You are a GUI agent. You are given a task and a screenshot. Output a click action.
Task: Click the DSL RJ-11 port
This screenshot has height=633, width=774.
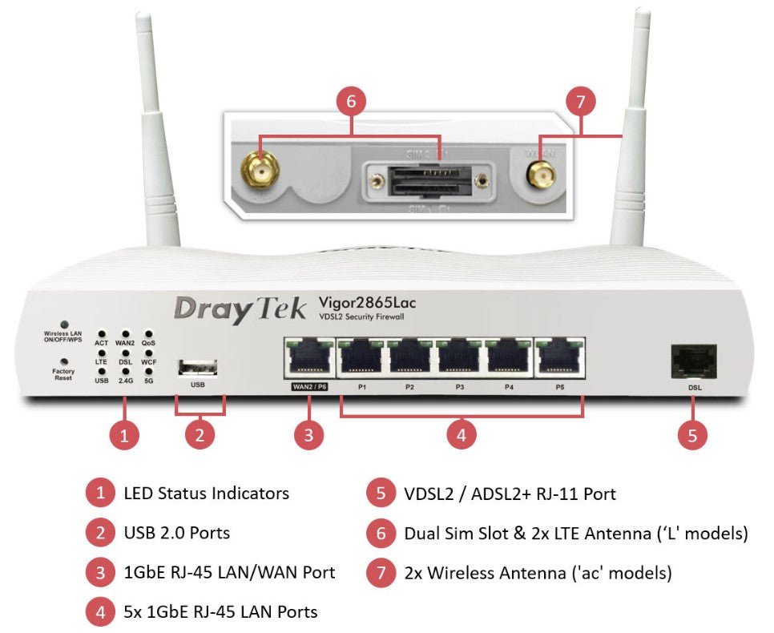pos(693,361)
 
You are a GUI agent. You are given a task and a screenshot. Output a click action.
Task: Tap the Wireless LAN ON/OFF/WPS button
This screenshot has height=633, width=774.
pos(63,325)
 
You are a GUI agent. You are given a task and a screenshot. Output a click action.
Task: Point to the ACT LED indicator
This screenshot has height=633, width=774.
pos(102,333)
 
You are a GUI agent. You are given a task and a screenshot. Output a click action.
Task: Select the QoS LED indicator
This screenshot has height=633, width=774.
pos(147,333)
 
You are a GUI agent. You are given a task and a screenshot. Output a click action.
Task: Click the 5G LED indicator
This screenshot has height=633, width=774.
pos(147,371)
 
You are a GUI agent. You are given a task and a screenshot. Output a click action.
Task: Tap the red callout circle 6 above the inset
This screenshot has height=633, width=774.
pos(351,103)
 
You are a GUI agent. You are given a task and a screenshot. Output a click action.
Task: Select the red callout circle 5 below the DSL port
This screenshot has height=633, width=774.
pos(692,435)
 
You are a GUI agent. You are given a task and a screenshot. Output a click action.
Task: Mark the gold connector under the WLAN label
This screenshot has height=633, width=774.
pos(542,172)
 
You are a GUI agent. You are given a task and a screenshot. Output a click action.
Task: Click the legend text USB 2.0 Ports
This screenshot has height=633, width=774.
pos(177,532)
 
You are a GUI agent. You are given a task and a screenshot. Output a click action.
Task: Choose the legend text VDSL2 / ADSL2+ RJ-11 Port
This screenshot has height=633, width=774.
pos(510,494)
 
